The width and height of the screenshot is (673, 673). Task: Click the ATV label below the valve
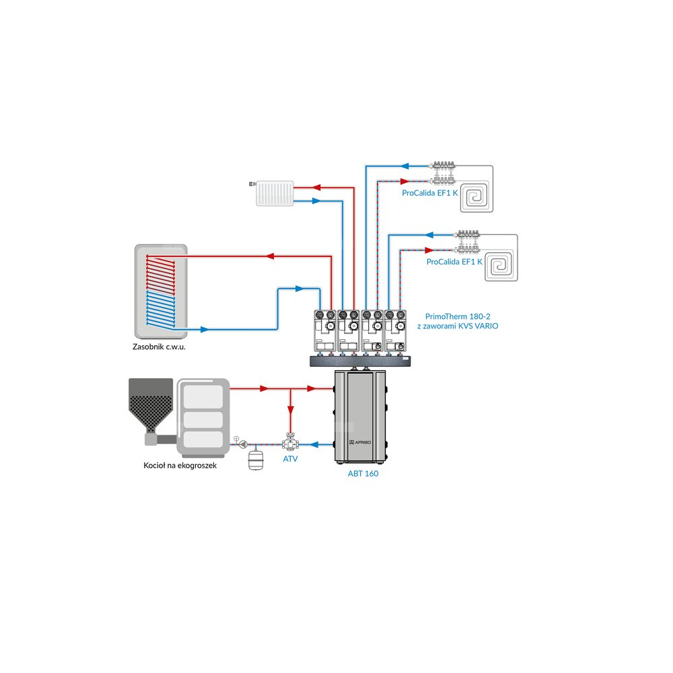(291, 459)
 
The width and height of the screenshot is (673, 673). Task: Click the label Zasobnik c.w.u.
(160, 348)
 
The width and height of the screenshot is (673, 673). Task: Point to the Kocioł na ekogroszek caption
(180, 465)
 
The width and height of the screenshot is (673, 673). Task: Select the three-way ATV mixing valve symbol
(291, 443)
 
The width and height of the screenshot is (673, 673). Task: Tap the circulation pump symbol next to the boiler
(243, 444)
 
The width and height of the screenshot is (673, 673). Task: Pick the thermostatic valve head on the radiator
(252, 183)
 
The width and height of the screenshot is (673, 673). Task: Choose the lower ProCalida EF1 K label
(454, 262)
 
